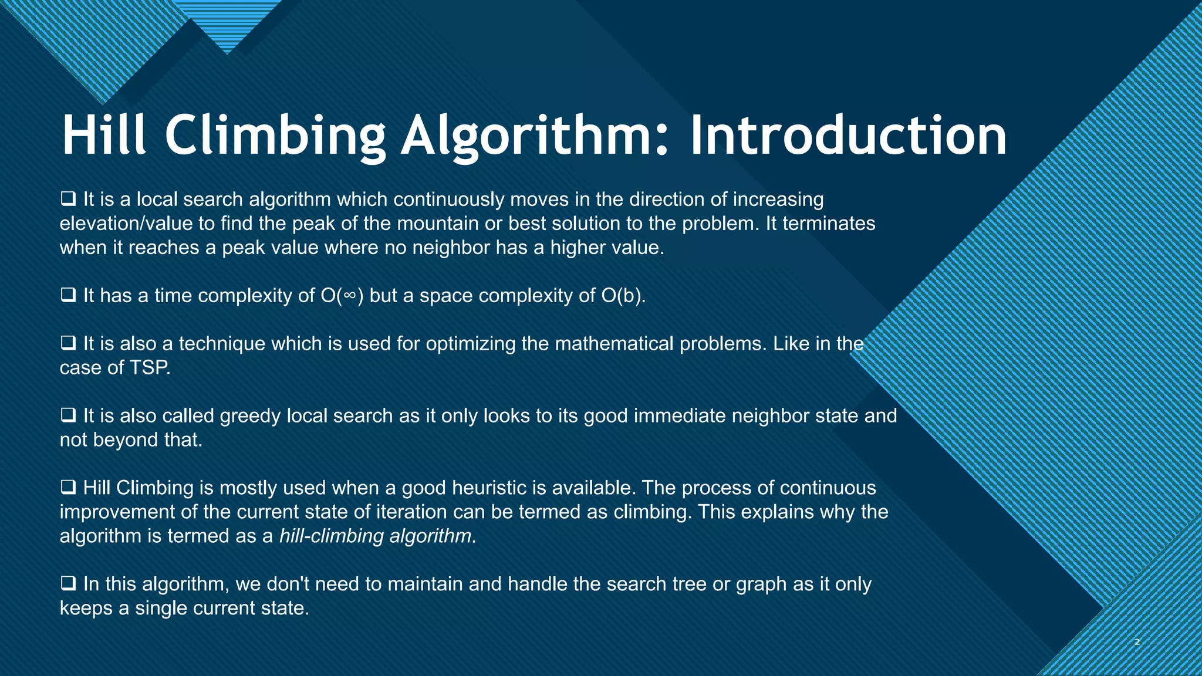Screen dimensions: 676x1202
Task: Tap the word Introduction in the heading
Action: tap(848, 136)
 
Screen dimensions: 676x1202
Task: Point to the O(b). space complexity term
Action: tap(623, 295)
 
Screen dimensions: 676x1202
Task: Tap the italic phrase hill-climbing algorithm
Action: tap(375, 536)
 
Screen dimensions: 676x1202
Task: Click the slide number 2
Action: tap(1137, 642)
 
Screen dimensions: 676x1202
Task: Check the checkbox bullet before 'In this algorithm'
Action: tap(68, 584)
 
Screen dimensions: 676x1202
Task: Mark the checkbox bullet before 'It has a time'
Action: tap(68, 295)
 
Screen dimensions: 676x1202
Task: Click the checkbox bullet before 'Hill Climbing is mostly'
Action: tap(68, 488)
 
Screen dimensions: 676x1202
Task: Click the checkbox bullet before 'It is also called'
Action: tap(68, 415)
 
